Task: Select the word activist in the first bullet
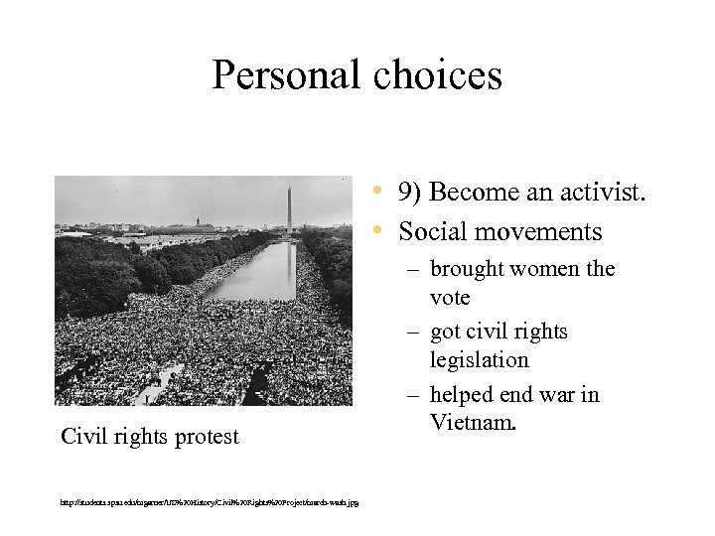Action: tap(601, 192)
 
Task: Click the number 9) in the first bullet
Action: tap(411, 192)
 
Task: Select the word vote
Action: tap(450, 297)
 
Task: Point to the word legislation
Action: tap(480, 359)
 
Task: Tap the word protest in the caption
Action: tap(203, 437)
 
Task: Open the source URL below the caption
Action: tap(209, 502)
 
